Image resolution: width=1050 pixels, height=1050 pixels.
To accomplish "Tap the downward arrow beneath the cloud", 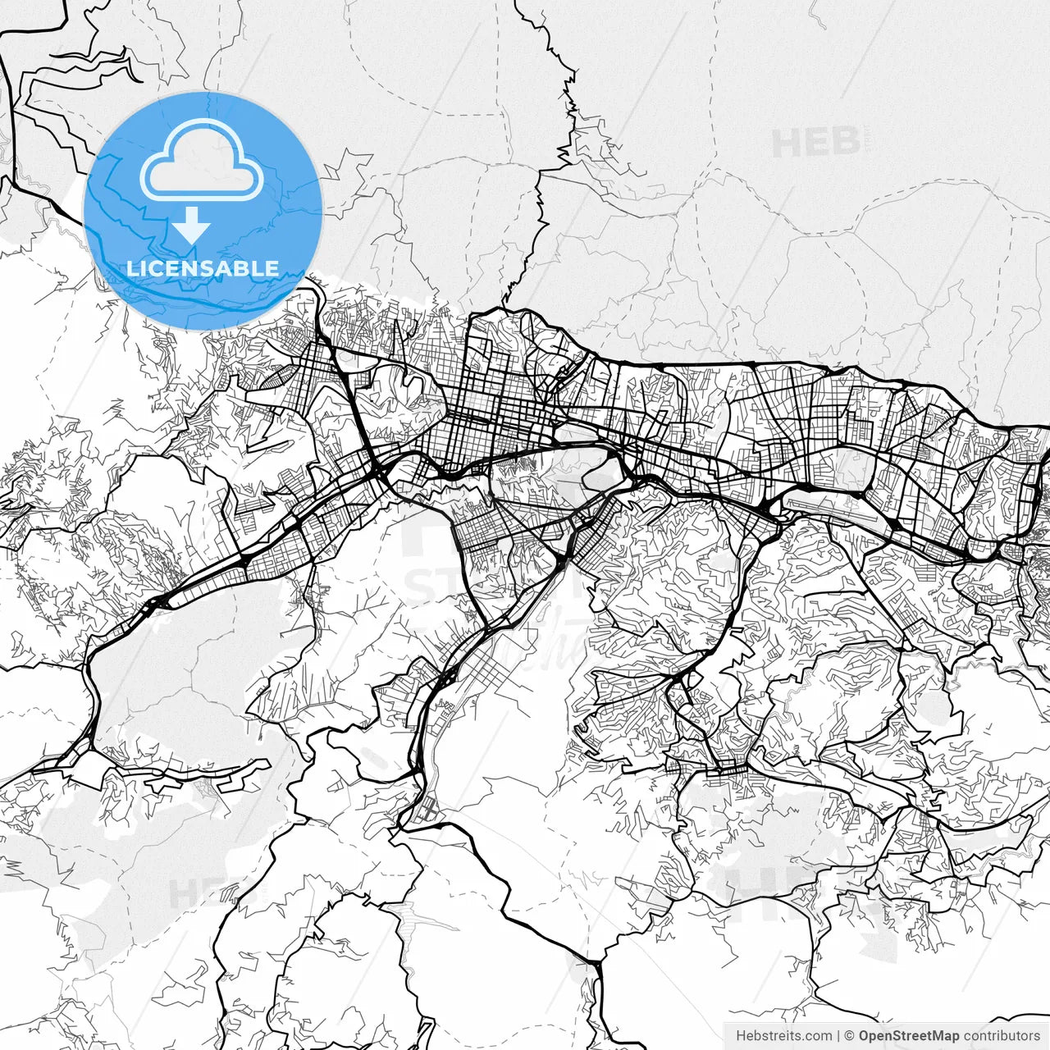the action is point(192,225).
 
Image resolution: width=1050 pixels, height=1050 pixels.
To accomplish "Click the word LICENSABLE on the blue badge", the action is point(202,268).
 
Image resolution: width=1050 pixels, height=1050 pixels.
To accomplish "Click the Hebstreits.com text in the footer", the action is point(783,1036).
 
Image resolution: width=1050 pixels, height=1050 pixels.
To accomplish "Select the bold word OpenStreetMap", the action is point(909,1036).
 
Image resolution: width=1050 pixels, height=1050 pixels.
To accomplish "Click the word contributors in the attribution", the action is point(1002,1036).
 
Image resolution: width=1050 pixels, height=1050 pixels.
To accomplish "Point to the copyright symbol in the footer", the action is point(850,1036).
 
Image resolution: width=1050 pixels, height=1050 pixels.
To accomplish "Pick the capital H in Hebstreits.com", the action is point(741,1036).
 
